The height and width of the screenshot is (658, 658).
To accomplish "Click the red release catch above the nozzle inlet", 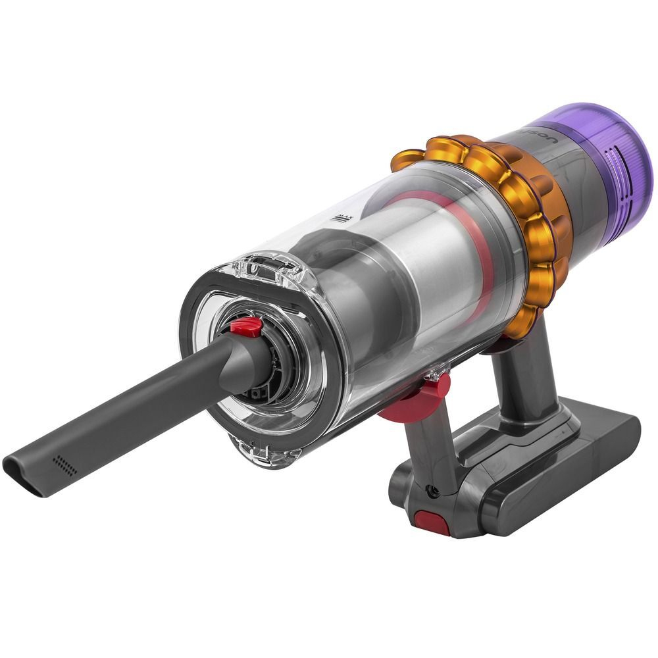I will [245, 325].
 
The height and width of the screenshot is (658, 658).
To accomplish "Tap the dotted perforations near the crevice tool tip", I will [64, 465].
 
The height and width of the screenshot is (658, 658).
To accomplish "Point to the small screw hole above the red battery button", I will [432, 490].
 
